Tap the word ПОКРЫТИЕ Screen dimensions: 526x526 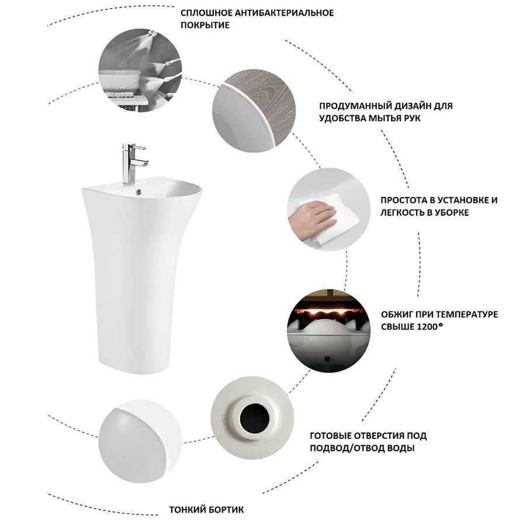click(x=205, y=25)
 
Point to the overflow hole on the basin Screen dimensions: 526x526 click(x=139, y=192)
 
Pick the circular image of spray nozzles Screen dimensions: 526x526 click(x=140, y=70)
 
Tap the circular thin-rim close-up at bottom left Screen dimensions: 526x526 click(x=140, y=442)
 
